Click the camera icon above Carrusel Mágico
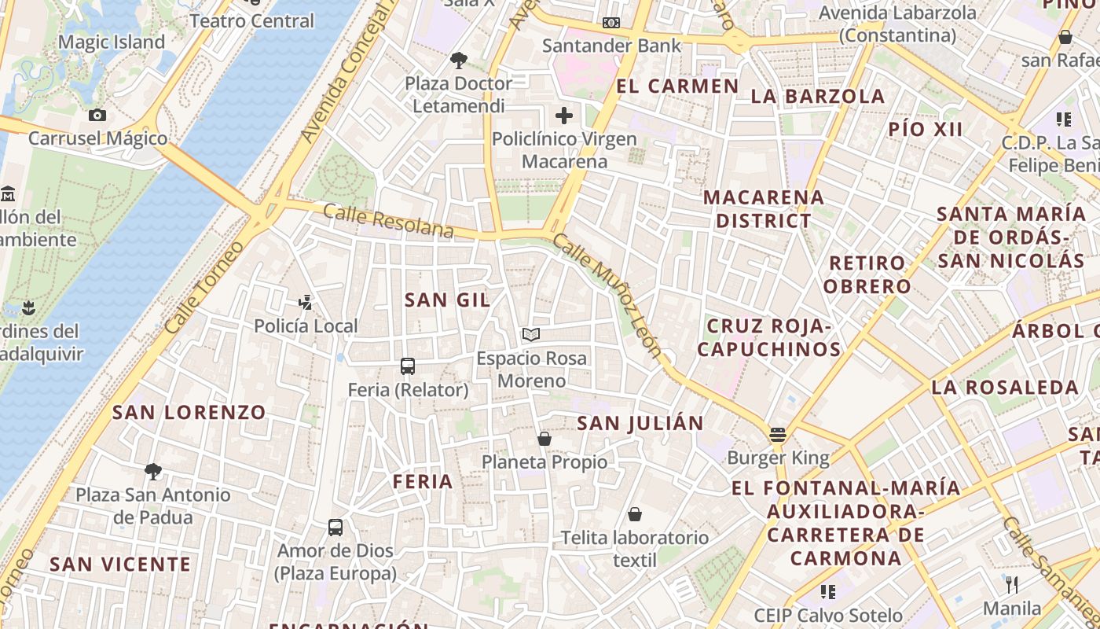coord(97,116)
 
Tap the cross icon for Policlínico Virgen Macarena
coord(564,116)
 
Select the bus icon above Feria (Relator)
coord(408,366)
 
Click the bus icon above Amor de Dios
coord(335,528)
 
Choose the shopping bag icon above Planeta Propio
coord(544,439)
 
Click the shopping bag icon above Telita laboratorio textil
coord(635,515)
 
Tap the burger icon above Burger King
coord(778,435)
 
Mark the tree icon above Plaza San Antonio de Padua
coord(153,472)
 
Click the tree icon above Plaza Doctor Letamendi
coord(458,60)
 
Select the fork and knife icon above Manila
coord(1012,585)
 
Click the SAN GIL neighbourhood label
coord(447,300)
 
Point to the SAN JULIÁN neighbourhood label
coord(640,424)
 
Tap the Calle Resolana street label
coord(388,221)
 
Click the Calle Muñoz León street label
coord(607,295)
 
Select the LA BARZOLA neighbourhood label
coord(818,97)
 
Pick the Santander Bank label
coord(612,46)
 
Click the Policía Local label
coord(306,326)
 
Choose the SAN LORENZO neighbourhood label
coord(189,412)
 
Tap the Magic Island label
coord(112,42)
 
